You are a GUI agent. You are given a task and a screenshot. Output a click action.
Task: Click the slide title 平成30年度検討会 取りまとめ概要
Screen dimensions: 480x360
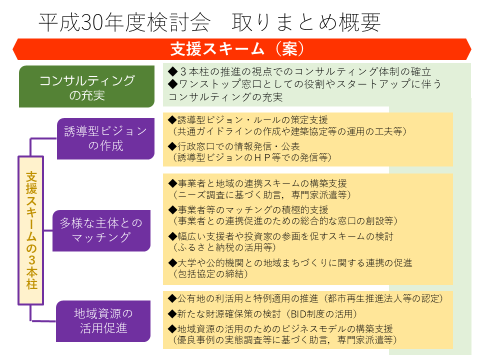click(x=209, y=22)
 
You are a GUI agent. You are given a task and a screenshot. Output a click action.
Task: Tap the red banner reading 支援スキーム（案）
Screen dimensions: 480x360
click(x=242, y=49)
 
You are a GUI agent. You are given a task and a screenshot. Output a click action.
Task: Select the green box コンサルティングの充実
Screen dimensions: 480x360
click(x=86, y=86)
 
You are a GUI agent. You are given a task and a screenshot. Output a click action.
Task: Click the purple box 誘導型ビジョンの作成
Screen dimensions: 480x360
click(x=105, y=138)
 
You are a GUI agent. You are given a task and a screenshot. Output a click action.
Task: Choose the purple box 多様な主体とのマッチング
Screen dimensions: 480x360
click(x=101, y=230)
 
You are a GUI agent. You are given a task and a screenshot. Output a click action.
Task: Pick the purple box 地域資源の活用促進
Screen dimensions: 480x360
click(x=103, y=321)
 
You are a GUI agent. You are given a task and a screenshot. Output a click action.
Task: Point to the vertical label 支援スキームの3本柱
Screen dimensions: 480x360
click(x=31, y=230)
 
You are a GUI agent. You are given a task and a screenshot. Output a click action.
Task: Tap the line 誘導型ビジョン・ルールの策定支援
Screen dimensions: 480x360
click(x=248, y=119)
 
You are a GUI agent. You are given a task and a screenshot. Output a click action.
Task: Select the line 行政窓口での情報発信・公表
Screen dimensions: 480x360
click(x=234, y=146)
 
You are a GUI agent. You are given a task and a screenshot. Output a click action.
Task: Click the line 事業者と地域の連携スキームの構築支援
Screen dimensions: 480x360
click(x=257, y=183)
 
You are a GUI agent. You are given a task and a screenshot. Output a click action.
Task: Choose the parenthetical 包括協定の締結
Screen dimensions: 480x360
click(x=210, y=273)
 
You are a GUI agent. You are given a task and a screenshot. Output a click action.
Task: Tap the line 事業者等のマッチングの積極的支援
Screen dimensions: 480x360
click(x=248, y=209)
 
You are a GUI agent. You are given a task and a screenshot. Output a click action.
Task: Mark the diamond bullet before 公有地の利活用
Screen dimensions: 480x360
click(x=172, y=298)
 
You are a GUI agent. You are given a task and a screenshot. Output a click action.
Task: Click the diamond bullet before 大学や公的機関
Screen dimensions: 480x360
click(x=172, y=262)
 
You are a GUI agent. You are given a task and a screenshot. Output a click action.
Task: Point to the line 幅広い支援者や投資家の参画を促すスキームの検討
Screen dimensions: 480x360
click(x=280, y=236)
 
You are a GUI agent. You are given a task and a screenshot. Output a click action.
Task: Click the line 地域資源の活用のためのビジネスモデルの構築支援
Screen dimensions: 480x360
click(x=280, y=329)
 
